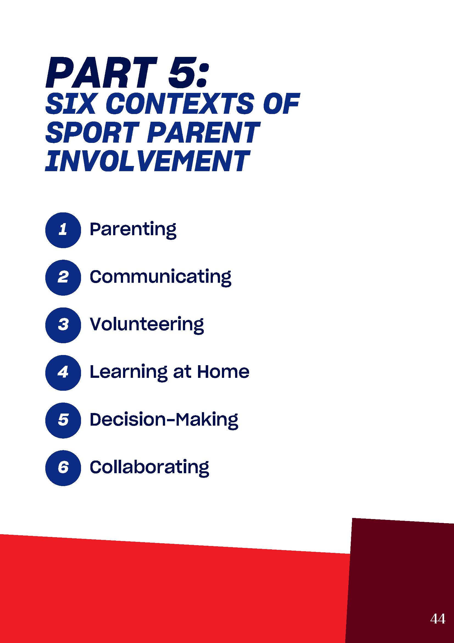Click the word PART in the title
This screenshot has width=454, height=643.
tap(101, 73)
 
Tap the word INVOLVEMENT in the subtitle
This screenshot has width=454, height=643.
tap(147, 161)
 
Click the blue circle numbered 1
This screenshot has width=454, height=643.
tap(63, 230)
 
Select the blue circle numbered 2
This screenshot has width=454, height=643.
tap(63, 278)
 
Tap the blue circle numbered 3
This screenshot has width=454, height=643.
tap(63, 325)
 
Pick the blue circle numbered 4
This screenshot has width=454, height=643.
tap(63, 373)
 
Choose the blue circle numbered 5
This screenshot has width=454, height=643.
tap(63, 421)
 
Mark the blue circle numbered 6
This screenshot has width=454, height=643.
tap(63, 468)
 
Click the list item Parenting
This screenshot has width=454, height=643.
tap(133, 230)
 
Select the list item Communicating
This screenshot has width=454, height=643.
tap(160, 278)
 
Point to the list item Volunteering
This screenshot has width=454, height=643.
tap(147, 325)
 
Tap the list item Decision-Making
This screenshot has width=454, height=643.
tap(164, 420)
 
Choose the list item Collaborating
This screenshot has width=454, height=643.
tap(149, 468)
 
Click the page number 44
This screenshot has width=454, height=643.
tap(438, 619)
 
